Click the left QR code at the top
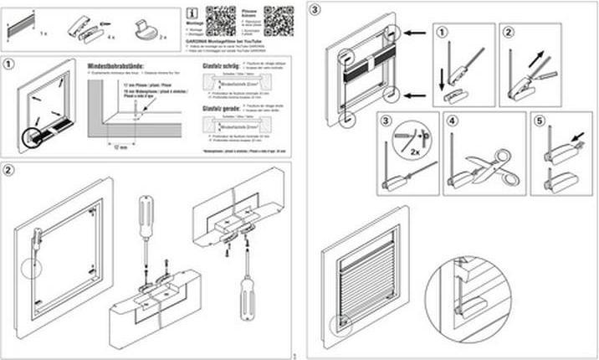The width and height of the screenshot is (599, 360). click(x=221, y=20)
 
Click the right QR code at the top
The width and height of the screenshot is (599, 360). click(x=279, y=20)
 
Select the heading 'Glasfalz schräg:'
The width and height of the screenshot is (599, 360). click(x=218, y=64)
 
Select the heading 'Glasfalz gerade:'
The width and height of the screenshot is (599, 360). click(x=218, y=108)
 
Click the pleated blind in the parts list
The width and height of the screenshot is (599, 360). click(x=19, y=28)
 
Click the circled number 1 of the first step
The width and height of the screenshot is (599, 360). click(x=9, y=64)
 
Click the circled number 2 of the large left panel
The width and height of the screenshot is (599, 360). click(x=9, y=171)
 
